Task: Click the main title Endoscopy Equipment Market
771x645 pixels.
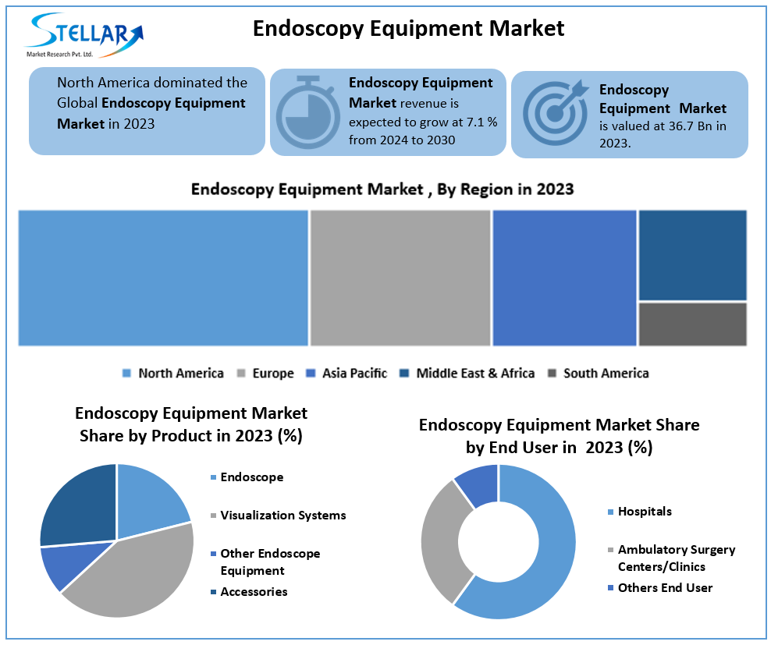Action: [408, 28]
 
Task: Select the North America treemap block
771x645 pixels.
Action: [163, 277]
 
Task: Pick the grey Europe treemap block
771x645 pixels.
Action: [400, 277]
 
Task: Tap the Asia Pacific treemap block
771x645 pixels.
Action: [564, 277]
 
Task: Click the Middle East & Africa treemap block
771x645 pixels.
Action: [692, 254]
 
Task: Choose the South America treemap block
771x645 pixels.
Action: [692, 324]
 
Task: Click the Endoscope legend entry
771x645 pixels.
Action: [251, 477]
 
